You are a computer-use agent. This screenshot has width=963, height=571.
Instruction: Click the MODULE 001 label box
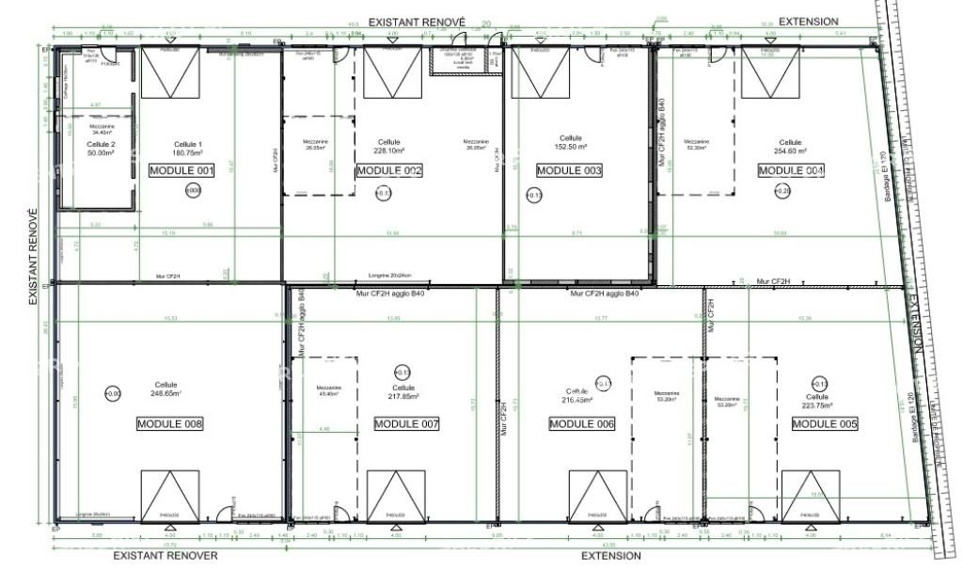[182, 170]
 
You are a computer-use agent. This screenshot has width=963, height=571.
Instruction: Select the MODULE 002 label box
[388, 170]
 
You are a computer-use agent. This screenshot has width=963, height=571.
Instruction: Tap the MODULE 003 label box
[569, 170]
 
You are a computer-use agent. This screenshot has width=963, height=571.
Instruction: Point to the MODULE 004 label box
[791, 170]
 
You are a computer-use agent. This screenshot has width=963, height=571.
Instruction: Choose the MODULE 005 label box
[825, 424]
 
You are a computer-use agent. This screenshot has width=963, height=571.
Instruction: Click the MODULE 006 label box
[581, 424]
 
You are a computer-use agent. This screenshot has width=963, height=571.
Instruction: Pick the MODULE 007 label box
[406, 424]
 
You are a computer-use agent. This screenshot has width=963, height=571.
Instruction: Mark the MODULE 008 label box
[169, 424]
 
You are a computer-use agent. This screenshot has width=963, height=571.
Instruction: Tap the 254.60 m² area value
[790, 151]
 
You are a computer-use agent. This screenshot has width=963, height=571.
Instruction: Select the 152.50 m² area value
[570, 148]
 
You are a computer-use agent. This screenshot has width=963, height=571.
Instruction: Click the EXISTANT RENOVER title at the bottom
[166, 555]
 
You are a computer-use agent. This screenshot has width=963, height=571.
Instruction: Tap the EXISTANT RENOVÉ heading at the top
[417, 21]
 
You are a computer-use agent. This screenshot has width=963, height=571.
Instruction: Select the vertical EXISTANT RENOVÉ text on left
[32, 256]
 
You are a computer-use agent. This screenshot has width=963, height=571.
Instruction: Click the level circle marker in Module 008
[113, 393]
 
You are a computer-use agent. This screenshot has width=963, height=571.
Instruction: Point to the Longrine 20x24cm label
[385, 276]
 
